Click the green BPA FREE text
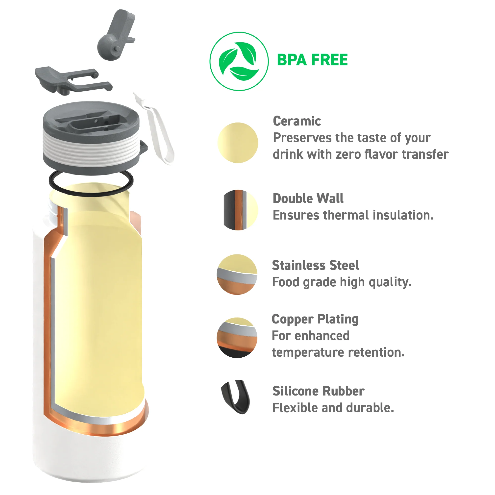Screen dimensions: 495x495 pyautogui.click(x=312, y=60)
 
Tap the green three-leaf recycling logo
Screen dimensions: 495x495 pyautogui.click(x=239, y=61)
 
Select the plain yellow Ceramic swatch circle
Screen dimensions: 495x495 pyautogui.click(x=238, y=143)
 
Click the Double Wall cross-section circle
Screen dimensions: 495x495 pyautogui.click(x=241, y=210)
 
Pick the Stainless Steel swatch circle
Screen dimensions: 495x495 pyautogui.click(x=237, y=274)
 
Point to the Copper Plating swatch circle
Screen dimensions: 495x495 pyautogui.click(x=237, y=338)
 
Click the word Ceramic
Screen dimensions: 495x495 pyautogui.click(x=297, y=121)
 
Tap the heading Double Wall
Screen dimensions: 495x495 pyautogui.click(x=308, y=198)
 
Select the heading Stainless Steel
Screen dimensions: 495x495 pyautogui.click(x=315, y=265)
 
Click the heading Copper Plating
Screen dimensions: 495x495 pyautogui.click(x=315, y=319)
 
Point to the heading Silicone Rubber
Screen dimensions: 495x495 pyautogui.click(x=318, y=391)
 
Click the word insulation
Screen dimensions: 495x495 pyautogui.click(x=403, y=215)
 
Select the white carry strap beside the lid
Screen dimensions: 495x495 pyautogui.click(x=154, y=128)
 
